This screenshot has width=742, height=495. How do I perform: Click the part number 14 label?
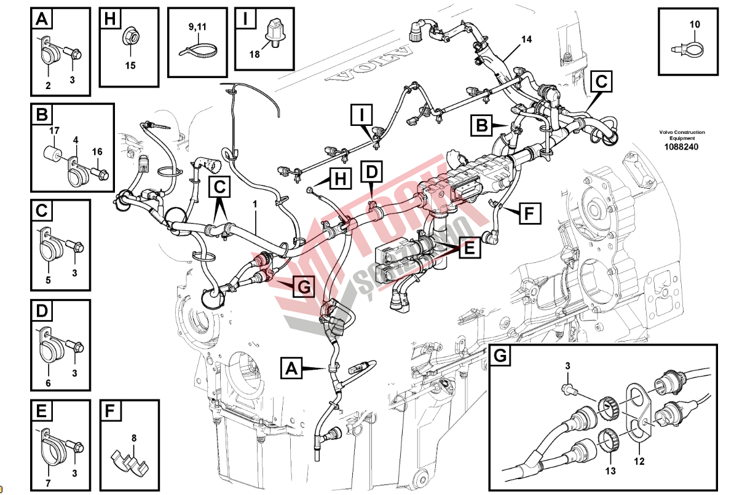(526, 40)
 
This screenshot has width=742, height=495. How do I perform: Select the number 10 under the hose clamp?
(695, 25)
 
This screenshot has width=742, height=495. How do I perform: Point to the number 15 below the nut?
(130, 65)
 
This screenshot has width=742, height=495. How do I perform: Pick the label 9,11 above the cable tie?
(198, 27)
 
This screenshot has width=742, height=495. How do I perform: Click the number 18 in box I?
(255, 54)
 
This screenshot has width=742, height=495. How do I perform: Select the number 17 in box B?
(54, 130)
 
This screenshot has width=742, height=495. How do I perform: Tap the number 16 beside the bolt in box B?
(97, 151)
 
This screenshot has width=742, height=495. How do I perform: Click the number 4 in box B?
(76, 140)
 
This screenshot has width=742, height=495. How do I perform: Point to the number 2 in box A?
(48, 85)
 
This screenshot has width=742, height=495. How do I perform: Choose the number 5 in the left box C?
(48, 280)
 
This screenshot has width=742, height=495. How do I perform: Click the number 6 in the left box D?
(48, 384)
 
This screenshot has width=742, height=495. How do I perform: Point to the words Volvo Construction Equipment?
(682, 135)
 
